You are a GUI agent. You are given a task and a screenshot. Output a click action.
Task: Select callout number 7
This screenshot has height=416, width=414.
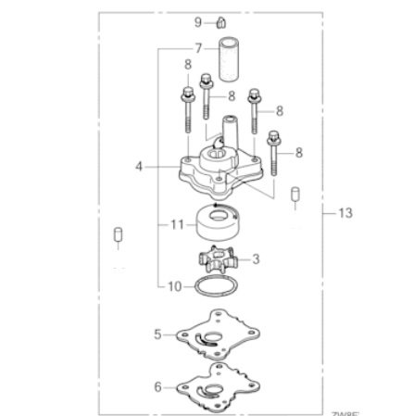point(198,47)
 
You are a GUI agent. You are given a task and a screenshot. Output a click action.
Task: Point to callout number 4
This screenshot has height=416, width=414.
point(139,167)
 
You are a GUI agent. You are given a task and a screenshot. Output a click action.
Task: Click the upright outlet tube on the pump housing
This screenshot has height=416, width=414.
point(230,129)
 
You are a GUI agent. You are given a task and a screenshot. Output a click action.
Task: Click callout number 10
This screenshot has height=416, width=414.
point(175,288)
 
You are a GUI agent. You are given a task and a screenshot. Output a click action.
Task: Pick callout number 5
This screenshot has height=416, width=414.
point(158,333)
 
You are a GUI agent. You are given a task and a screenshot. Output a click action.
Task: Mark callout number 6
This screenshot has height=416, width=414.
point(158,384)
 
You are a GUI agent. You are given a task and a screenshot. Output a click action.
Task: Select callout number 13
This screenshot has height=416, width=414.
point(345,213)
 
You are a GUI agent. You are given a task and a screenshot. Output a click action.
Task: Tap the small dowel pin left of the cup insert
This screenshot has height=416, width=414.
point(118,234)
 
